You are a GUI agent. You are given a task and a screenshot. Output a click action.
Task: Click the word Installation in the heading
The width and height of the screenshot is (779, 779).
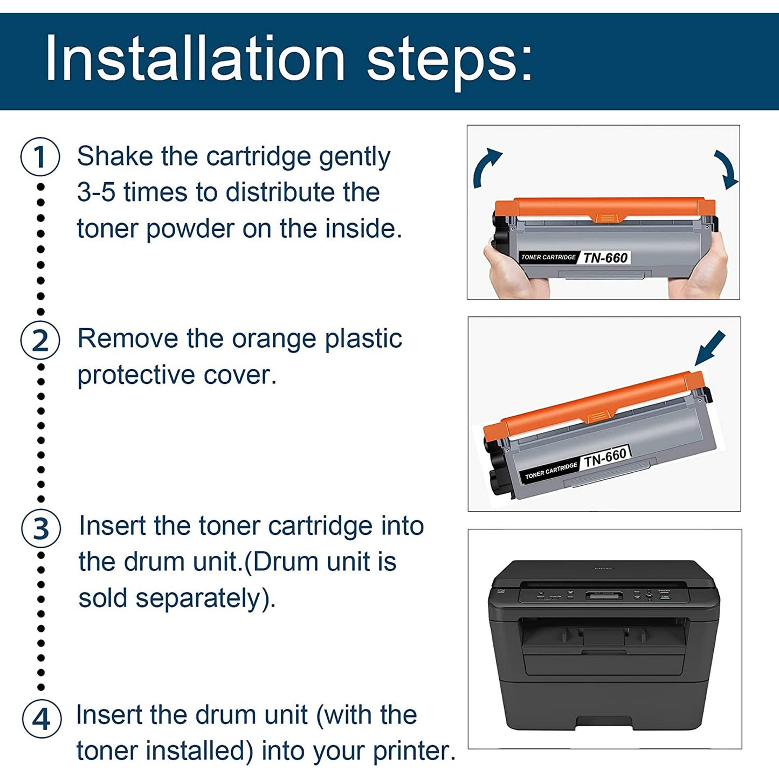click(195, 59)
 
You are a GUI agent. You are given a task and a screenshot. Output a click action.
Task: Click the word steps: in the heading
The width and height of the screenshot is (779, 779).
click(450, 60)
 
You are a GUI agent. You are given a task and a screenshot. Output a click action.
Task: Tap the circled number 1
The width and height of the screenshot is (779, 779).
click(40, 157)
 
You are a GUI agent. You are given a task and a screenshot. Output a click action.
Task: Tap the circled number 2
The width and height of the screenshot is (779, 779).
click(40, 341)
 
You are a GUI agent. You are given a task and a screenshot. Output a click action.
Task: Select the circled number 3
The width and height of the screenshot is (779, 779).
click(41, 528)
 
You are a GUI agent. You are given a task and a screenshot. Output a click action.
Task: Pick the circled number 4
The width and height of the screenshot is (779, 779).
click(42, 719)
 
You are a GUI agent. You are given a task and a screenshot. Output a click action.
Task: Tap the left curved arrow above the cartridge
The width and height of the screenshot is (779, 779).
click(486, 168)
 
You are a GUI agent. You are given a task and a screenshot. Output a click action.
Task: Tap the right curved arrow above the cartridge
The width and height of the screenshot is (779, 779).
click(725, 169)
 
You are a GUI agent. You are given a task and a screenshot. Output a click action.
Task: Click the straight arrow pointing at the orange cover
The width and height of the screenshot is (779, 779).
click(709, 349)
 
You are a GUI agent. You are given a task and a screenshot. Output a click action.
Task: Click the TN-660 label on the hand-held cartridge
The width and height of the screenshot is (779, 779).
click(605, 258)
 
